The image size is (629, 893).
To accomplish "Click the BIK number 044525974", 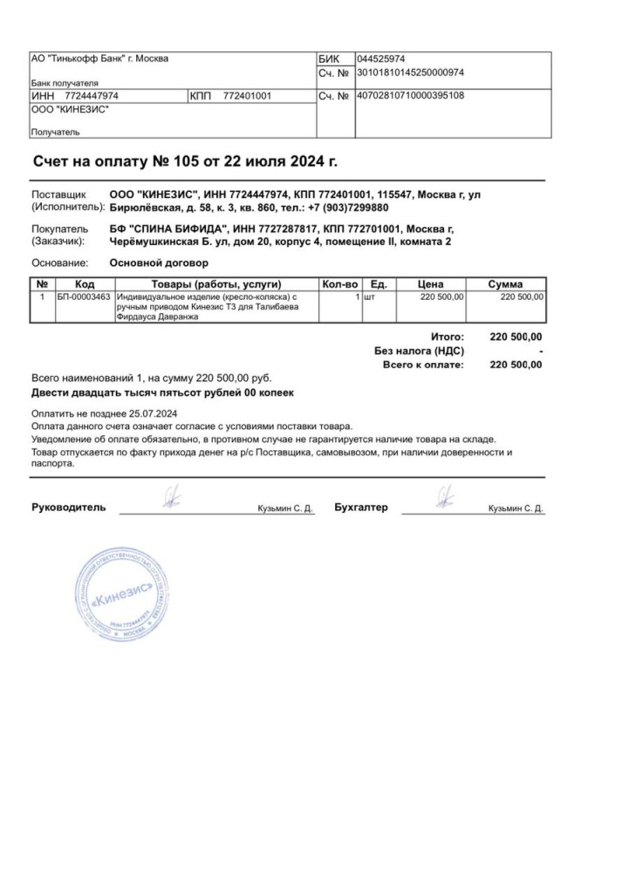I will click(x=381, y=59).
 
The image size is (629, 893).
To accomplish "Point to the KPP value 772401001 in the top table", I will click(x=248, y=96).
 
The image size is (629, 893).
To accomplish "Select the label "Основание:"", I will click(x=59, y=262).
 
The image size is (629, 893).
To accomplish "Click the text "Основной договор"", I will click(x=159, y=262).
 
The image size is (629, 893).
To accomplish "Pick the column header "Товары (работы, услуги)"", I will click(x=215, y=284).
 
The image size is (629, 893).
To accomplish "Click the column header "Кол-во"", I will click(x=340, y=284).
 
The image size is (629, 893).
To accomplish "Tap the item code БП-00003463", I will click(x=84, y=297).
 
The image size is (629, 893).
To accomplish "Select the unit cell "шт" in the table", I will click(x=369, y=297).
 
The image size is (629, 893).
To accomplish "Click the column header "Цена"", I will click(x=431, y=284).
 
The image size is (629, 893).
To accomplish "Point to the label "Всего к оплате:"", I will click(x=423, y=365).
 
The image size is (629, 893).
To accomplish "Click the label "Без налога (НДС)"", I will click(x=419, y=351).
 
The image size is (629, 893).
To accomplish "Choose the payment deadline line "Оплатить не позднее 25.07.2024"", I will click(x=105, y=413).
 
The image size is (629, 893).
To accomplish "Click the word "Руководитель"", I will click(x=69, y=508).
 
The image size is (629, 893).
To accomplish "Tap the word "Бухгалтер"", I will click(x=361, y=508).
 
